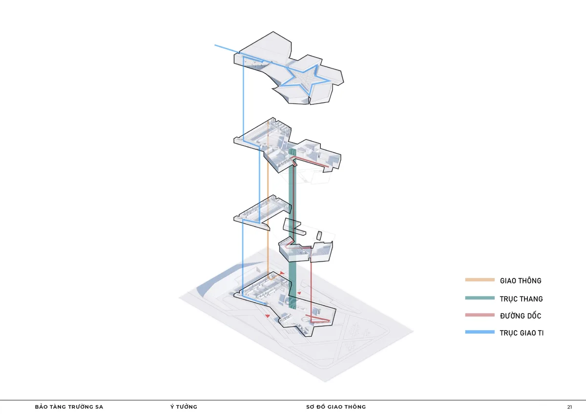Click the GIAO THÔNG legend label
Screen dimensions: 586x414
pyautogui.click(x=521, y=281)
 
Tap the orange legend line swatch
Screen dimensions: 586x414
pyautogui.click(x=480, y=280)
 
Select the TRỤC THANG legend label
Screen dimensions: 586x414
pyautogui.click(x=521, y=299)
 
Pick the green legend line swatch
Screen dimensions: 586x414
pyautogui.click(x=480, y=298)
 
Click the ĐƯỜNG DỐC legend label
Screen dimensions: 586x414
pyautogui.click(x=521, y=316)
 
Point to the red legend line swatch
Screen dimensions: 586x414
pyautogui.click(x=480, y=315)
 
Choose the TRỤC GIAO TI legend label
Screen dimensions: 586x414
pyautogui.click(x=522, y=333)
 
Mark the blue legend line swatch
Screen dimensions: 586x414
pyautogui.click(x=480, y=332)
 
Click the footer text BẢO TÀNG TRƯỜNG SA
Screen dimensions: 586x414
pyautogui.click(x=69, y=407)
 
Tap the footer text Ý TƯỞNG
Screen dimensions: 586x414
pyautogui.click(x=184, y=407)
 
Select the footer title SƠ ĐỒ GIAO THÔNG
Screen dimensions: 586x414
pyautogui.click(x=336, y=407)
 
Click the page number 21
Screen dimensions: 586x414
pyautogui.click(x=569, y=407)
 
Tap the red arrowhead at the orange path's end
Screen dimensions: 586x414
pyautogui.click(x=282, y=273)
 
